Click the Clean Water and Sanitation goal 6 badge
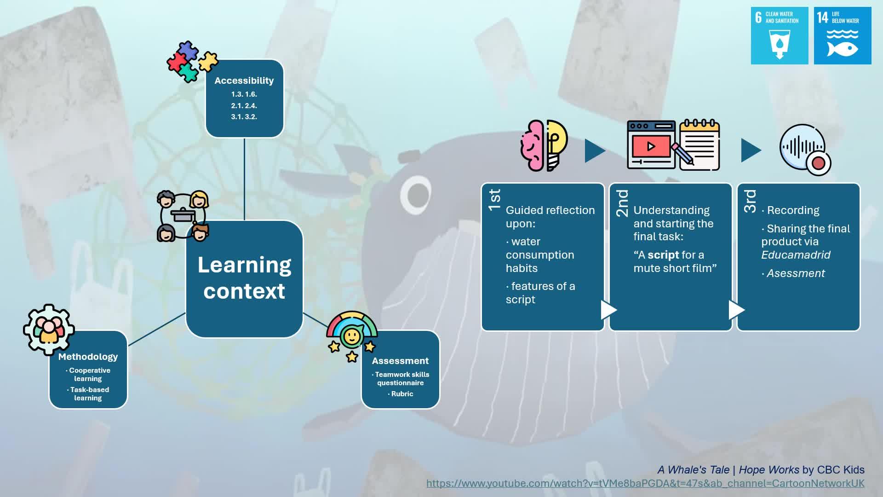pos(780,35)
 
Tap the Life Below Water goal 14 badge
pos(843,35)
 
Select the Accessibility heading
pos(244,81)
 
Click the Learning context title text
pos(244,277)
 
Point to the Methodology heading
pos(88,357)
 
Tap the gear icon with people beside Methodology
pos(49,329)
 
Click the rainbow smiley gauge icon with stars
pos(352,336)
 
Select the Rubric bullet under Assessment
pos(401,394)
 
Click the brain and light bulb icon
pos(544,145)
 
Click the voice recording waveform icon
pos(805,150)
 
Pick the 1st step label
pos(495,200)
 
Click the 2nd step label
pos(622,203)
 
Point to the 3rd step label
pos(750,201)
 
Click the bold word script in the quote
pos(663,255)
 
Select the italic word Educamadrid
pos(796,255)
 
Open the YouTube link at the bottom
pos(645,483)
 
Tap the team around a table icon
pos(183,216)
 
